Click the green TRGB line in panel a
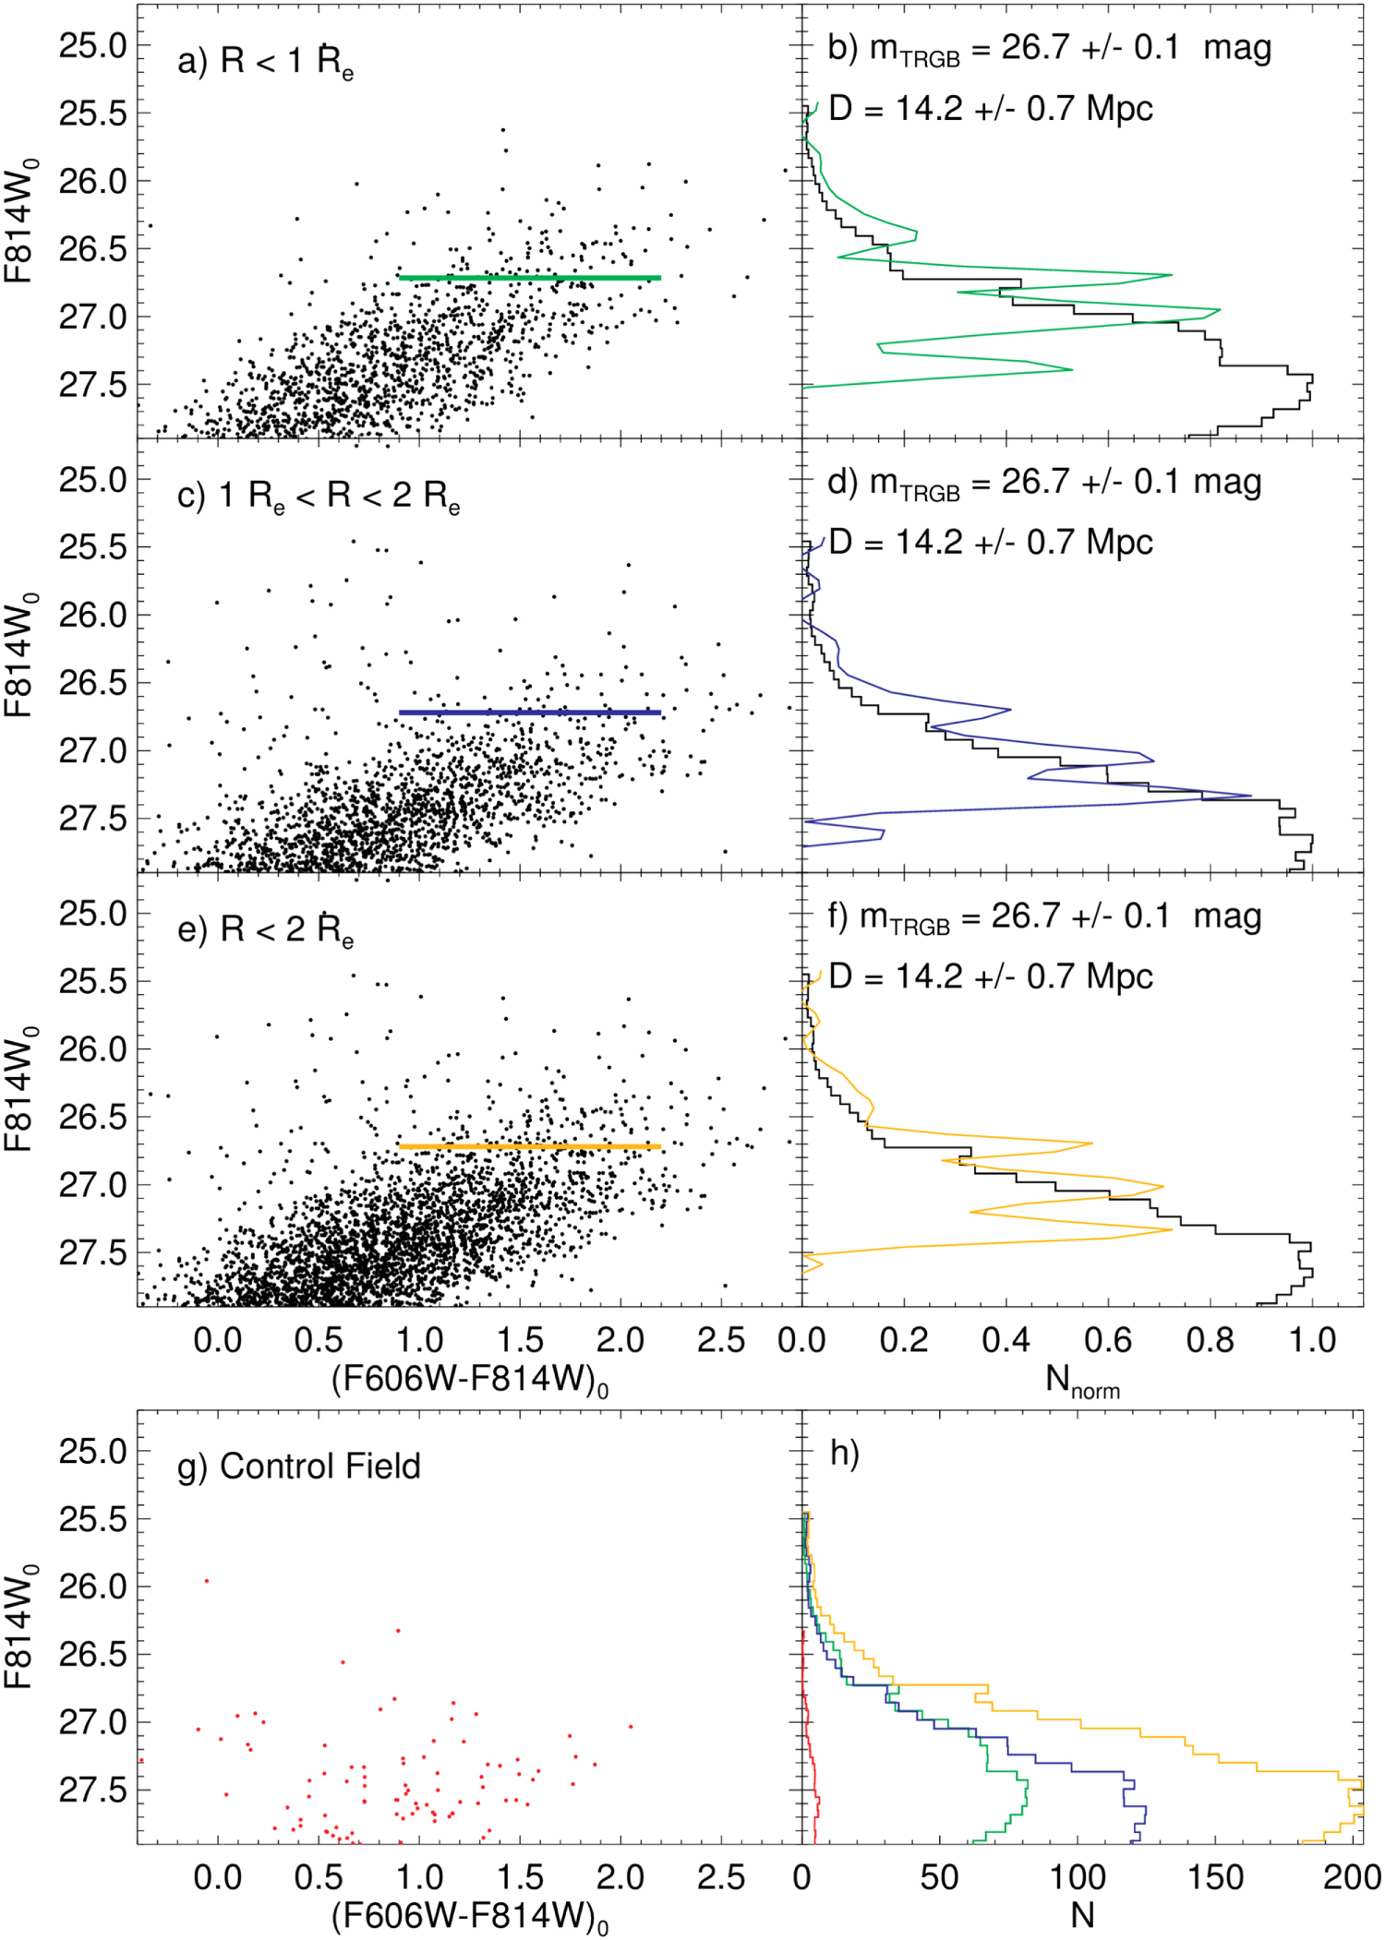(529, 277)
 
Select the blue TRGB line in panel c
(529, 713)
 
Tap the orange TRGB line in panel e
(529, 1146)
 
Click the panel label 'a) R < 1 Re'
(266, 62)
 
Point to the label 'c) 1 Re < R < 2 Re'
(319, 497)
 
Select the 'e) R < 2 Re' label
(266, 930)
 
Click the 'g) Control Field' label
(299, 1467)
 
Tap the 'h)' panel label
(844, 1453)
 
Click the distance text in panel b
(991, 109)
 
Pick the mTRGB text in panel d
(1043, 483)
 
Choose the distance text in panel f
(991, 976)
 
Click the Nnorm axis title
(1081, 1382)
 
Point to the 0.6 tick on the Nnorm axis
(1108, 1339)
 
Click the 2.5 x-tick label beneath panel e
(721, 1339)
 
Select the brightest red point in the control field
(207, 1581)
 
